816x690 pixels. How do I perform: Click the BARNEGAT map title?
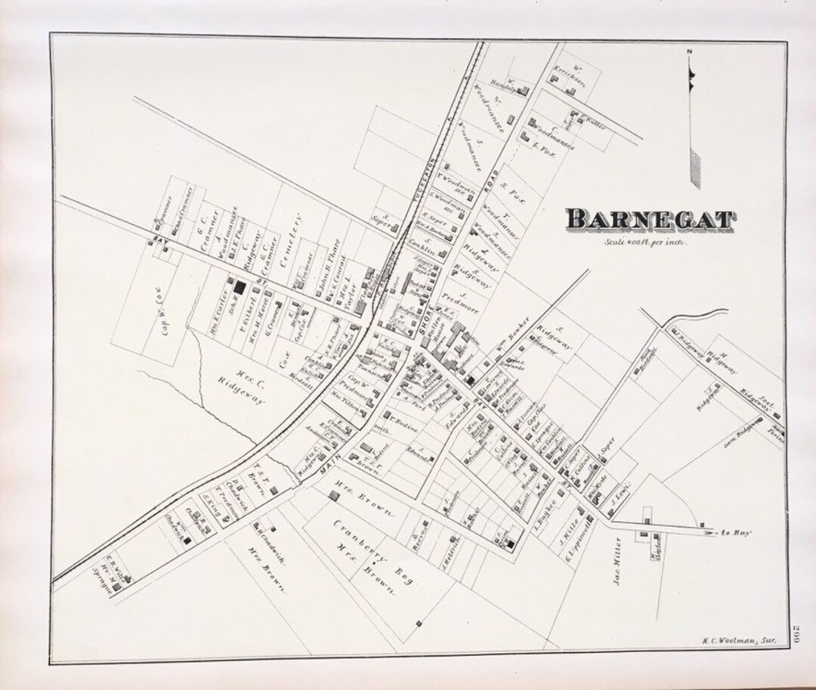pos(650,220)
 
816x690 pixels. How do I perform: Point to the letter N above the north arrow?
pos(689,51)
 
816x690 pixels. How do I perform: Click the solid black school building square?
pos(240,288)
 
